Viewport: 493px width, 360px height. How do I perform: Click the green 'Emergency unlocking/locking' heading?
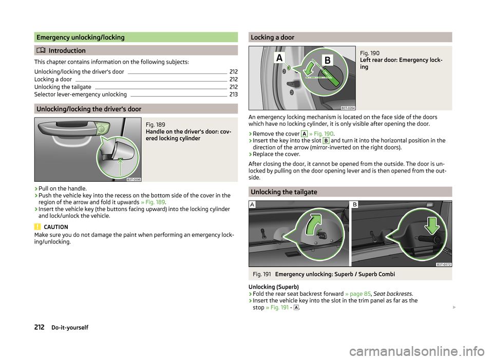(x=81, y=37)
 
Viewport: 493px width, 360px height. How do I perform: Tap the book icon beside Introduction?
(x=41, y=50)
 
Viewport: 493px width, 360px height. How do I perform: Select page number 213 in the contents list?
(x=234, y=94)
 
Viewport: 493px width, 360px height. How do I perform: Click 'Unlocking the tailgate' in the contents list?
(x=63, y=87)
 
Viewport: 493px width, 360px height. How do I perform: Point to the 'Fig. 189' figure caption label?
(x=155, y=124)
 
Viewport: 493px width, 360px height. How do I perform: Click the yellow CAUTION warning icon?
(x=37, y=226)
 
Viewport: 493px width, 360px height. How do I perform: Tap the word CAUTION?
(x=56, y=227)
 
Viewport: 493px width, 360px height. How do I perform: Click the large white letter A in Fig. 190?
(x=279, y=58)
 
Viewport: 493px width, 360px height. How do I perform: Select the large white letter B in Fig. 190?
(x=327, y=60)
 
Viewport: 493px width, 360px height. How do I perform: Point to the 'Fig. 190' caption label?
(x=370, y=53)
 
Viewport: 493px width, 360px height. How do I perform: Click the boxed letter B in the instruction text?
(x=326, y=141)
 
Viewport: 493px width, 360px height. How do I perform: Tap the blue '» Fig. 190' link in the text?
(x=321, y=134)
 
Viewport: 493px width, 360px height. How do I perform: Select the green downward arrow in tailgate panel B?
(x=432, y=225)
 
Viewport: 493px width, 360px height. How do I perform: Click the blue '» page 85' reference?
(x=358, y=294)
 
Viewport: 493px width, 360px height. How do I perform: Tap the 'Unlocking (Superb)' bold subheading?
(x=274, y=287)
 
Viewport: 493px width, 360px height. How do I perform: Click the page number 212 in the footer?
(x=40, y=327)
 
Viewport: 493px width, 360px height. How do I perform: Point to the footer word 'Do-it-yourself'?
(x=70, y=327)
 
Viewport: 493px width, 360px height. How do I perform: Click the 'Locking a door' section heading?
(x=273, y=37)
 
